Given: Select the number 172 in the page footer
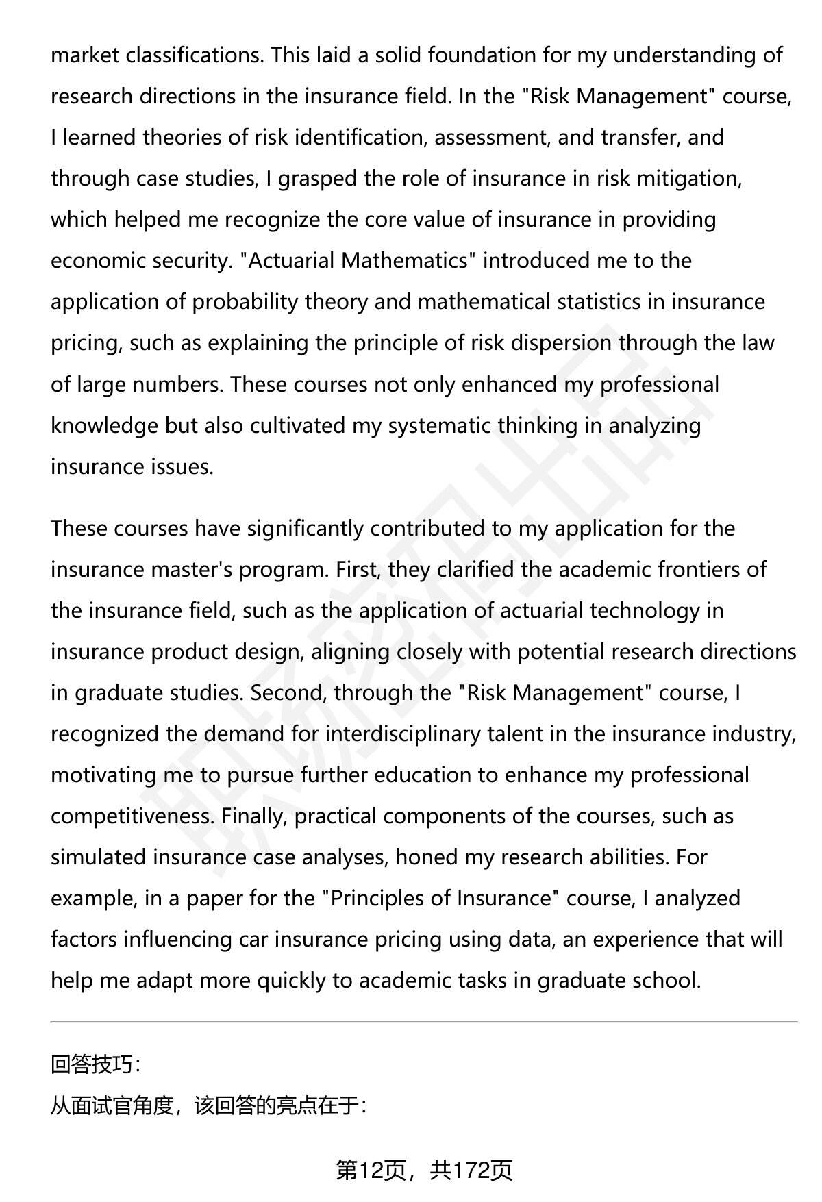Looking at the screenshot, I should point(469,1170).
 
